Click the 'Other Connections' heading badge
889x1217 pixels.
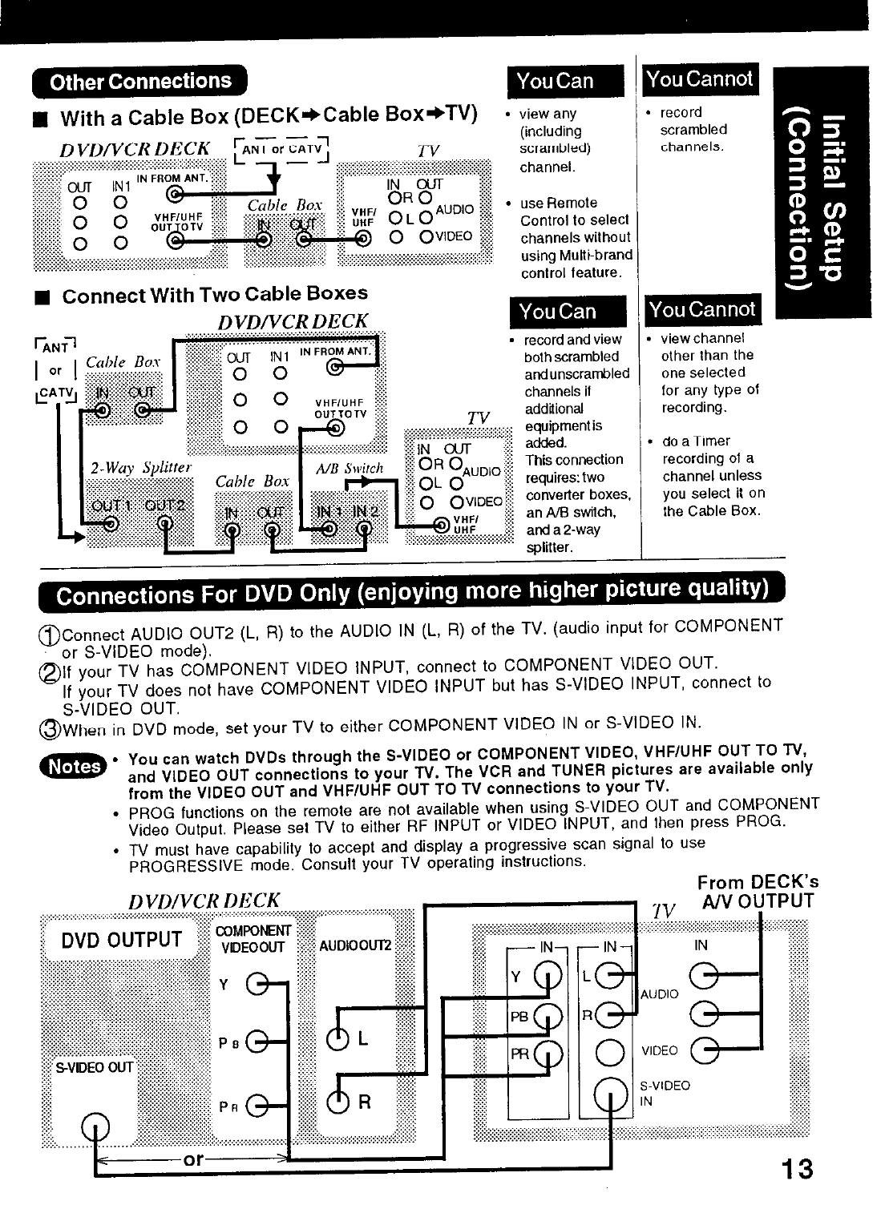tap(139, 82)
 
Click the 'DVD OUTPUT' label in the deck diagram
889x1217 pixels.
tap(122, 940)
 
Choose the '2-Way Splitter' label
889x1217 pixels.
tap(140, 468)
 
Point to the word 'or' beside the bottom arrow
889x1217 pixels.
tap(192, 1159)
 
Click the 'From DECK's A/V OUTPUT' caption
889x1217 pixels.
tap(758, 892)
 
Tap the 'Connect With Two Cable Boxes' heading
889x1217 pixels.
tap(215, 294)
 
